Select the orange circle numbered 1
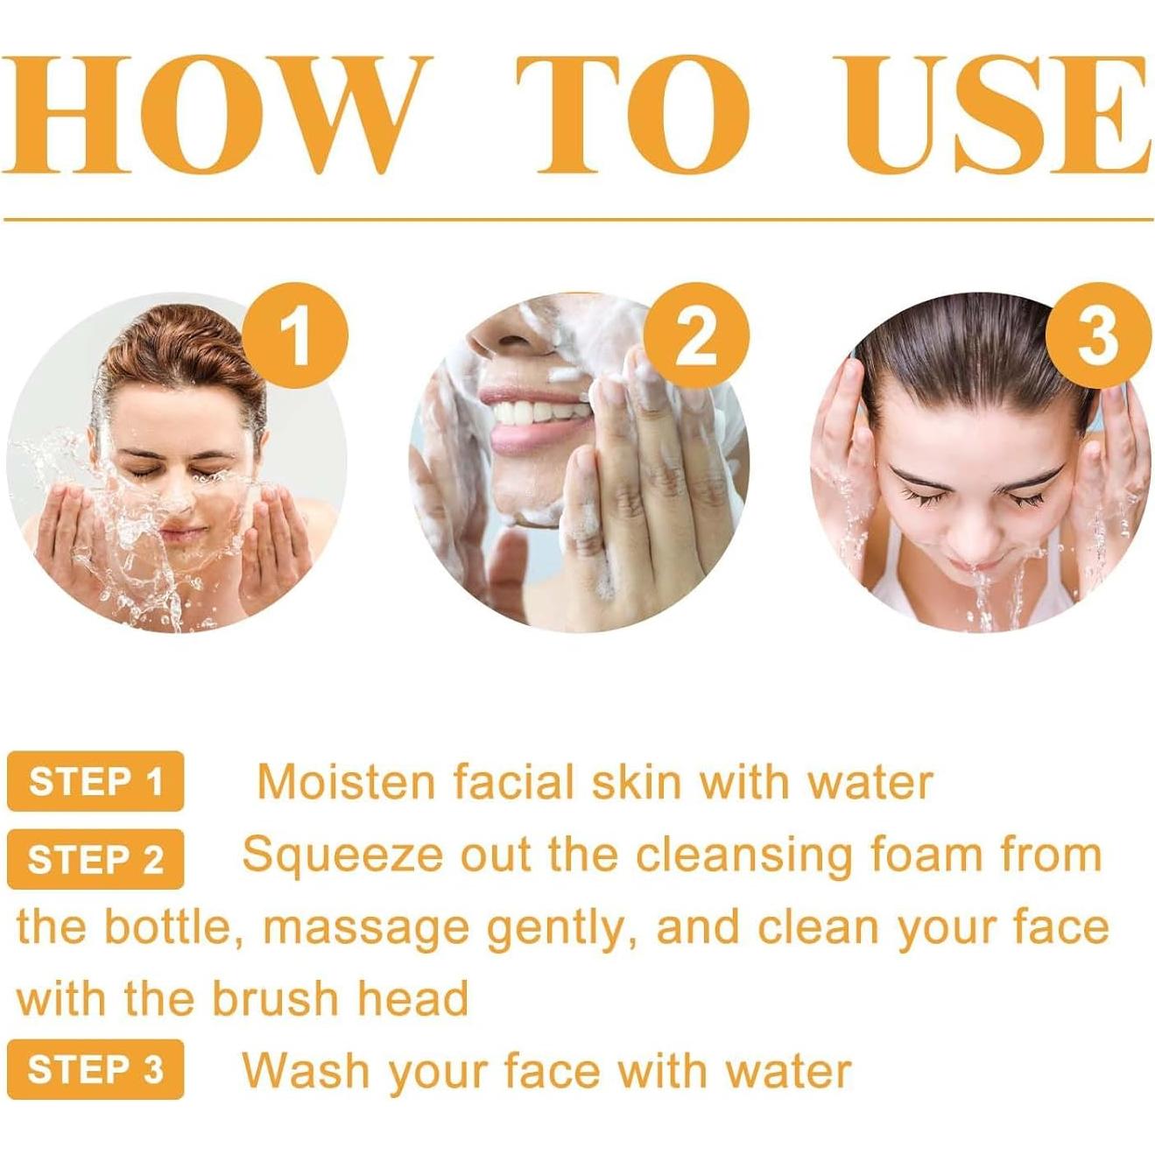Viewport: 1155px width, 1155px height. coord(295,335)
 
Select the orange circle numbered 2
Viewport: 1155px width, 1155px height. coord(696,335)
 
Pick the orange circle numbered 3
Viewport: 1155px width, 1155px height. coord(1097,335)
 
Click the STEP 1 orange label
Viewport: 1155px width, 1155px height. coord(95,781)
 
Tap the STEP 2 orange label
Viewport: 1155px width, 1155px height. coord(95,859)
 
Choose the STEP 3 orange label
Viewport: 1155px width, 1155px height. coord(95,1069)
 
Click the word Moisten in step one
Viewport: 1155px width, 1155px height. coord(347,782)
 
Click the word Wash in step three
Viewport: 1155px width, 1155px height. coord(306,1070)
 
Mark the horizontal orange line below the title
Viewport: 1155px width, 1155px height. coord(578,219)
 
